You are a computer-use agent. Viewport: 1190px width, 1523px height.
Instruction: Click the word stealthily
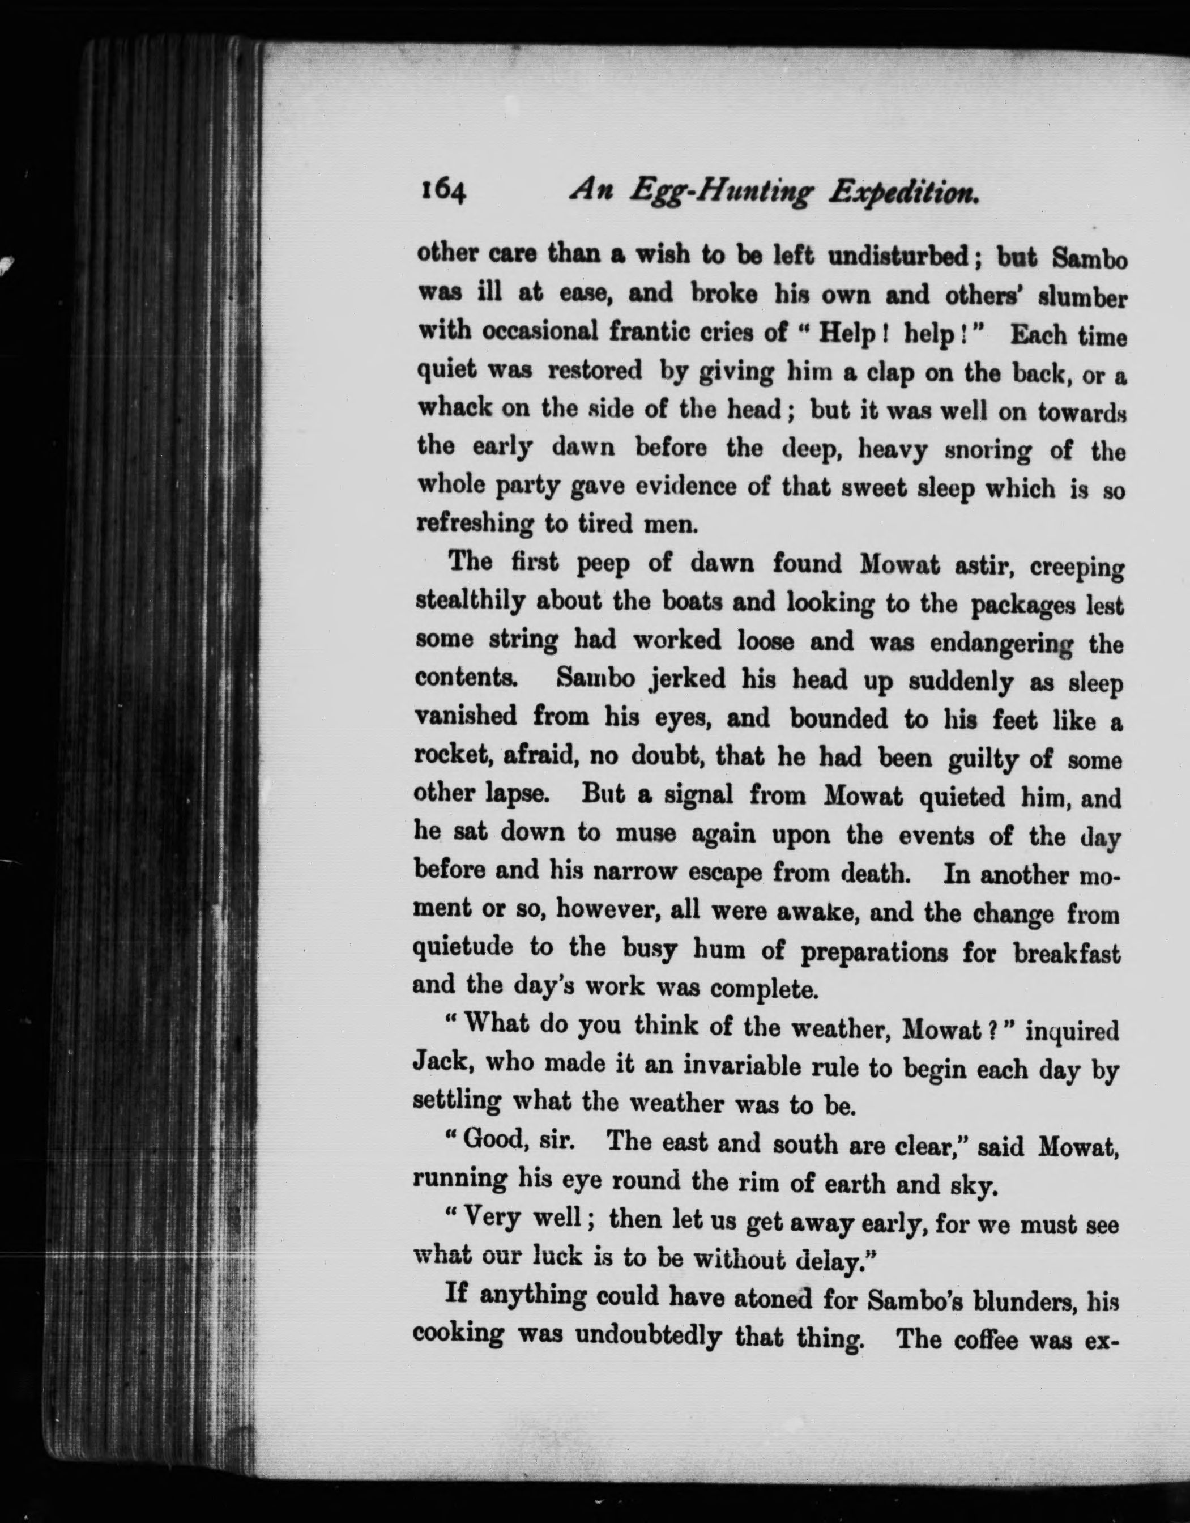coord(468,601)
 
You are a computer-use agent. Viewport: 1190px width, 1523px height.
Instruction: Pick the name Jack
coord(438,1061)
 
